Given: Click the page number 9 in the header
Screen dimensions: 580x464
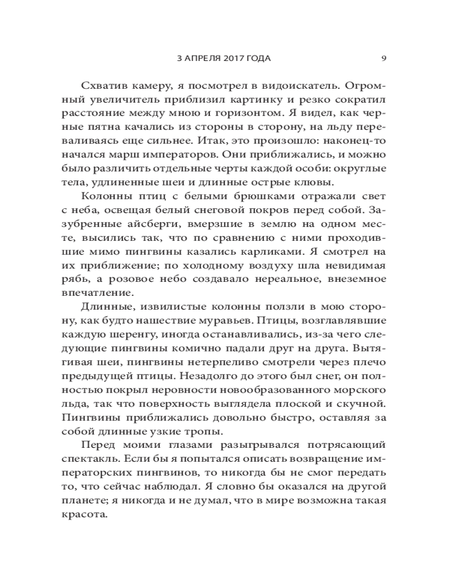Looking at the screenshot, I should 385,58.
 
